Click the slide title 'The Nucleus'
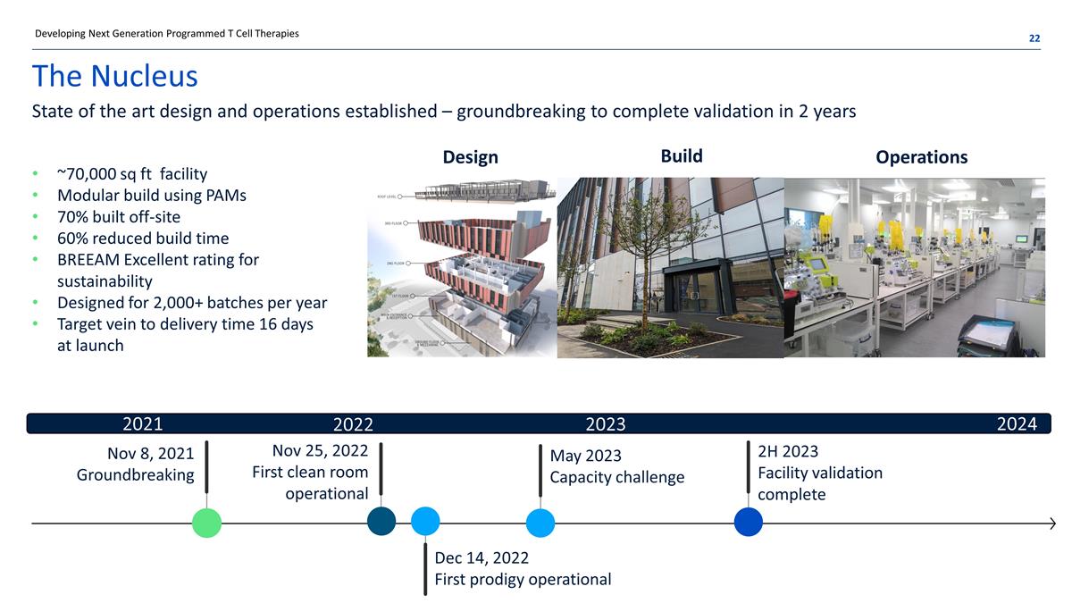point(114,76)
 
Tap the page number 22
point(1034,38)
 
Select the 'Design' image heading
point(470,157)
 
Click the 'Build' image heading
point(681,156)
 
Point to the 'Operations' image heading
point(921,157)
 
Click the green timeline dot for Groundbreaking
point(206,523)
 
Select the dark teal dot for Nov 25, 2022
point(381,522)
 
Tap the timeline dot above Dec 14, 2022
point(425,522)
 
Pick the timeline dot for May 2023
point(540,523)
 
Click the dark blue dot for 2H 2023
point(748,522)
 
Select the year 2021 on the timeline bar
point(142,423)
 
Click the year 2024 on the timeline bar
point(1017,423)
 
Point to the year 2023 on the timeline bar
point(605,423)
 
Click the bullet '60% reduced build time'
point(143,238)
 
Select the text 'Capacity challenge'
point(616,477)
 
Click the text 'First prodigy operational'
point(523,579)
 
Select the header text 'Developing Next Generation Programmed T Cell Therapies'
point(166,34)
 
